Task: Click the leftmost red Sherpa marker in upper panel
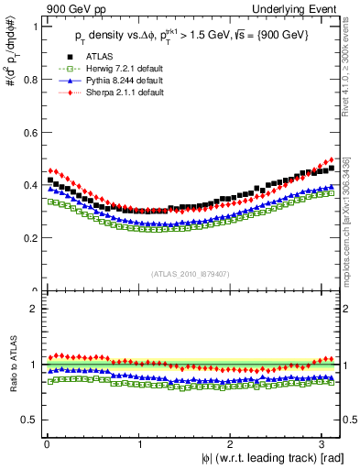pyautogui.click(x=50, y=170)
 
